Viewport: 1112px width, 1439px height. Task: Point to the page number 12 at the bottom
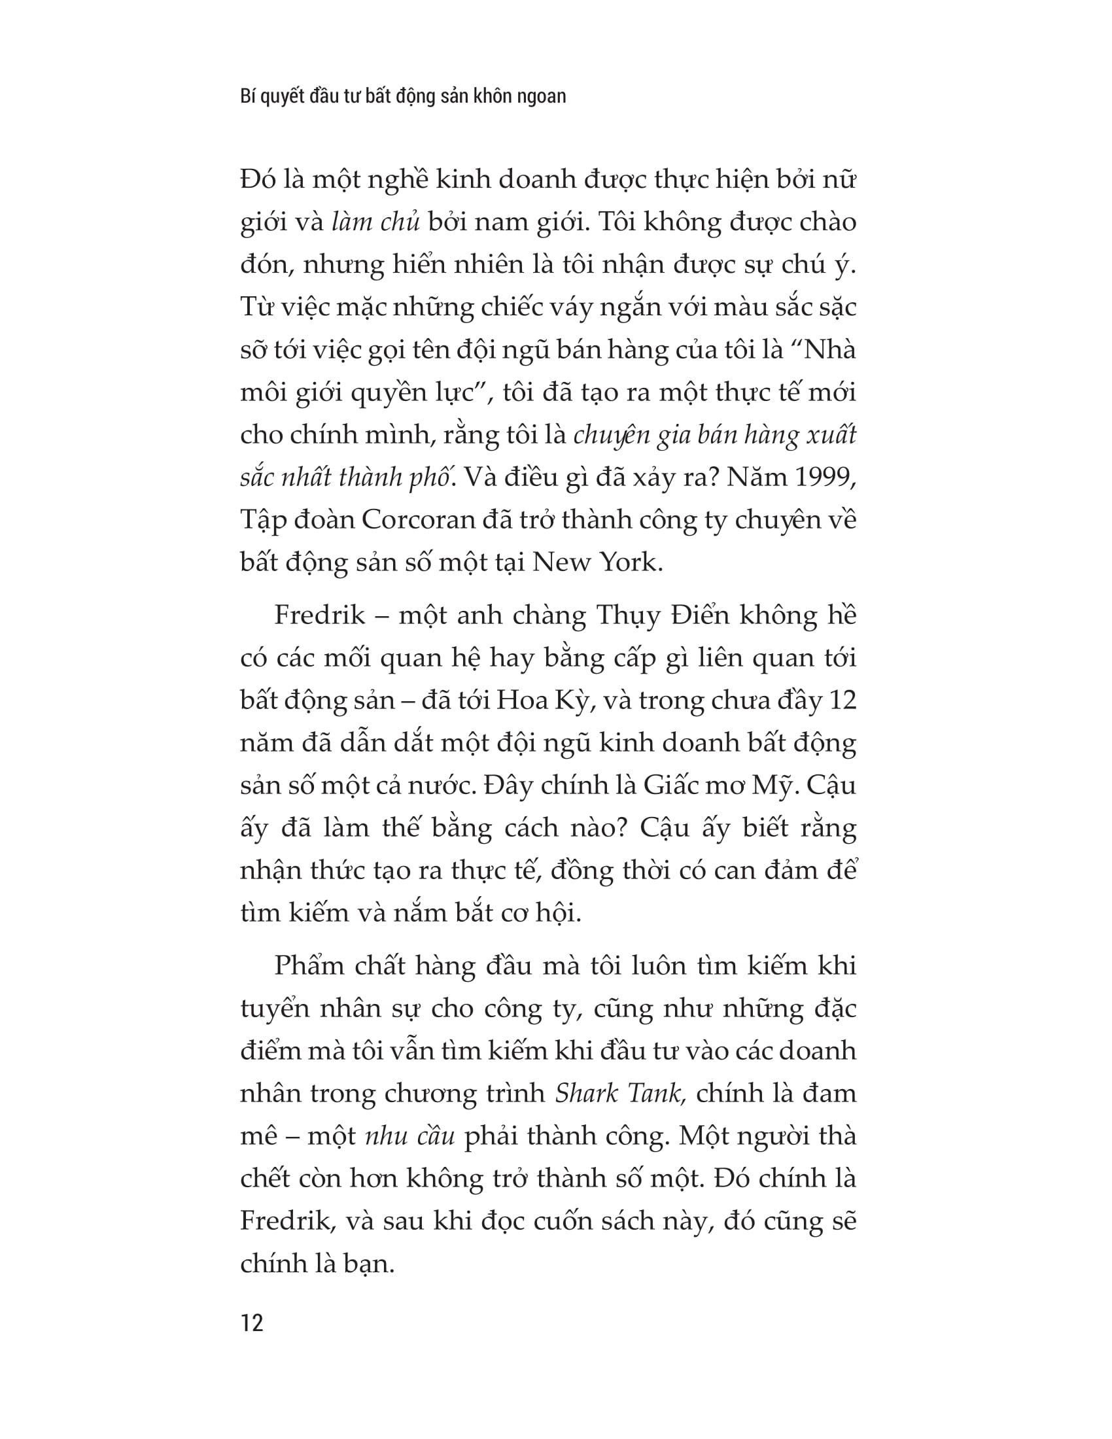pyautogui.click(x=252, y=1323)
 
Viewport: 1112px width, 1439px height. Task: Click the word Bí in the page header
pyautogui.click(x=247, y=96)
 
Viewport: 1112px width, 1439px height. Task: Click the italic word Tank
pyautogui.click(x=655, y=1093)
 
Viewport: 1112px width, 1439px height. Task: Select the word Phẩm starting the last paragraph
pyautogui.click(x=307, y=966)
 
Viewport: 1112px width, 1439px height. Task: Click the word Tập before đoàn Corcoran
pyautogui.click(x=263, y=520)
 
